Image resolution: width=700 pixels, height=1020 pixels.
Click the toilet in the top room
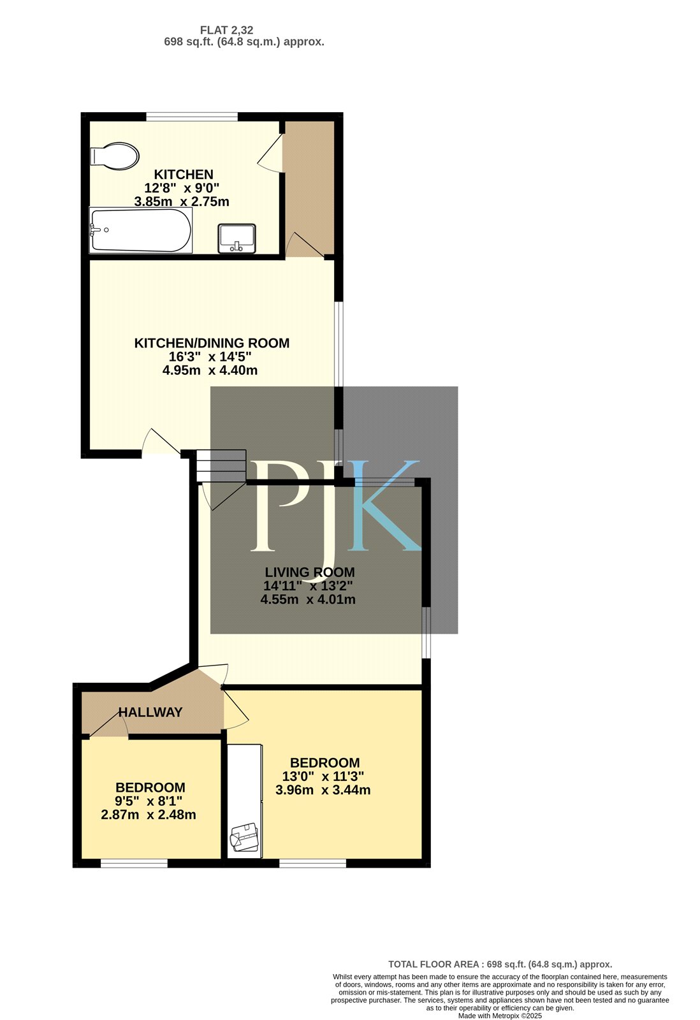tap(114, 156)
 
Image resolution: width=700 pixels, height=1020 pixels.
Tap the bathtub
tap(141, 230)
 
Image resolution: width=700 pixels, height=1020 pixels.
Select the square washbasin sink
tap(237, 238)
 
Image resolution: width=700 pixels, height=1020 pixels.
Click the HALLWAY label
tap(150, 712)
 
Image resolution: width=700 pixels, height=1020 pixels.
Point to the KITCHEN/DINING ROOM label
tap(212, 343)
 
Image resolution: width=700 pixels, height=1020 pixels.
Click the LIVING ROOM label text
tap(310, 572)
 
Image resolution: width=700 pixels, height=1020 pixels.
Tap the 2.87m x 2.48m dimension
tap(149, 815)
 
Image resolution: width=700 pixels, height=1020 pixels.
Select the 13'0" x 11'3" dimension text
tap(323, 776)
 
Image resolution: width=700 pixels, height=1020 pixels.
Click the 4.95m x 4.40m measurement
tap(210, 370)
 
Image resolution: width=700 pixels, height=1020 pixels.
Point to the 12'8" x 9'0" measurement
tap(182, 187)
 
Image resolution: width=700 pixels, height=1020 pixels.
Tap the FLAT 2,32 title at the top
tap(227, 30)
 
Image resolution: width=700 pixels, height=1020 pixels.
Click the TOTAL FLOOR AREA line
tap(500, 964)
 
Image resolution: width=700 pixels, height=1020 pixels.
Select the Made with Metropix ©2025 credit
tap(500, 1016)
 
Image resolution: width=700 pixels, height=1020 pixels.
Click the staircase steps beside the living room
tap(221, 466)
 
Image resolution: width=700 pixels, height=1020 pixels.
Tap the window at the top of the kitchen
tap(192, 117)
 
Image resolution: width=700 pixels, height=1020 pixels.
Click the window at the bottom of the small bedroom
tap(134, 863)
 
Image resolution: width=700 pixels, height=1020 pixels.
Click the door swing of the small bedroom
tap(108, 724)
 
